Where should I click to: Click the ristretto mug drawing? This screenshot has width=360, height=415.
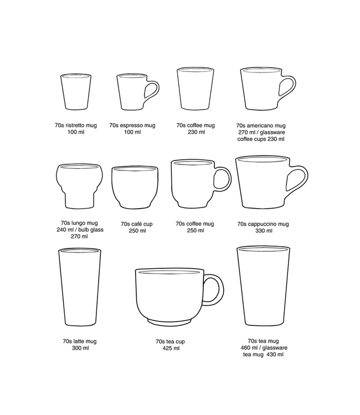coord(76,91)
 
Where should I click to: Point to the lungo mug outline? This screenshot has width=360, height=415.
coord(79,186)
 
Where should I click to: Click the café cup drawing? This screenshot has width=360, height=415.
coord(135,188)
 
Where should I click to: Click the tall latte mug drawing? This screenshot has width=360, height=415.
coord(79,287)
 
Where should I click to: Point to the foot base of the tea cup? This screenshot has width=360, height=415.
coord(169,323)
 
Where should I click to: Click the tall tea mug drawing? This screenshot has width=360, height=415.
coord(263,286)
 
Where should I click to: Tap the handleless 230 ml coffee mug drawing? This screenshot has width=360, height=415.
coord(196,89)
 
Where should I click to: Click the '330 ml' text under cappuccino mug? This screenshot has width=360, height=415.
coord(264,231)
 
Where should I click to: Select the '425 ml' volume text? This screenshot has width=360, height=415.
coord(171,348)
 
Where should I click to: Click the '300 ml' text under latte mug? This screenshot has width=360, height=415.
coord(80,348)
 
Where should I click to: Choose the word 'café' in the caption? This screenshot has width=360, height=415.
coord(136,224)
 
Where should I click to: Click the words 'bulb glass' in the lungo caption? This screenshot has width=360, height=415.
coord(91,230)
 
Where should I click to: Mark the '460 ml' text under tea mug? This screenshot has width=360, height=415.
coord(249,348)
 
